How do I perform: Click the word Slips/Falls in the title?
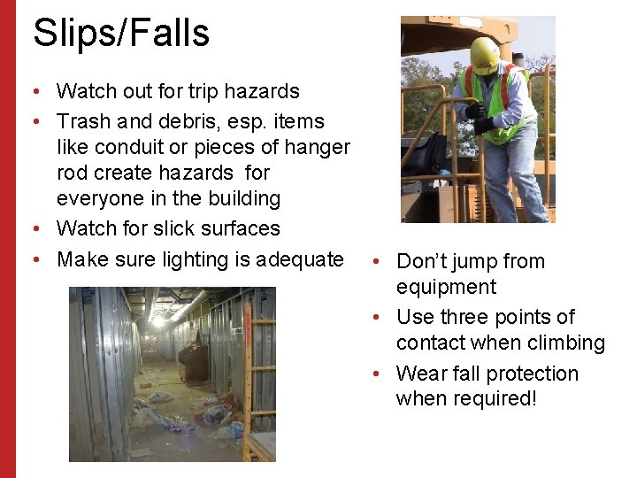121,34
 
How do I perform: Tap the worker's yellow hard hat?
484,55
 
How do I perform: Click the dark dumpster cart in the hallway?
194,362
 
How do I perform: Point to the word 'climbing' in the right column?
565,343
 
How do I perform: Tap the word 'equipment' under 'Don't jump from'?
446,287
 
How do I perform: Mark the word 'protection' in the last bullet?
533,374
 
